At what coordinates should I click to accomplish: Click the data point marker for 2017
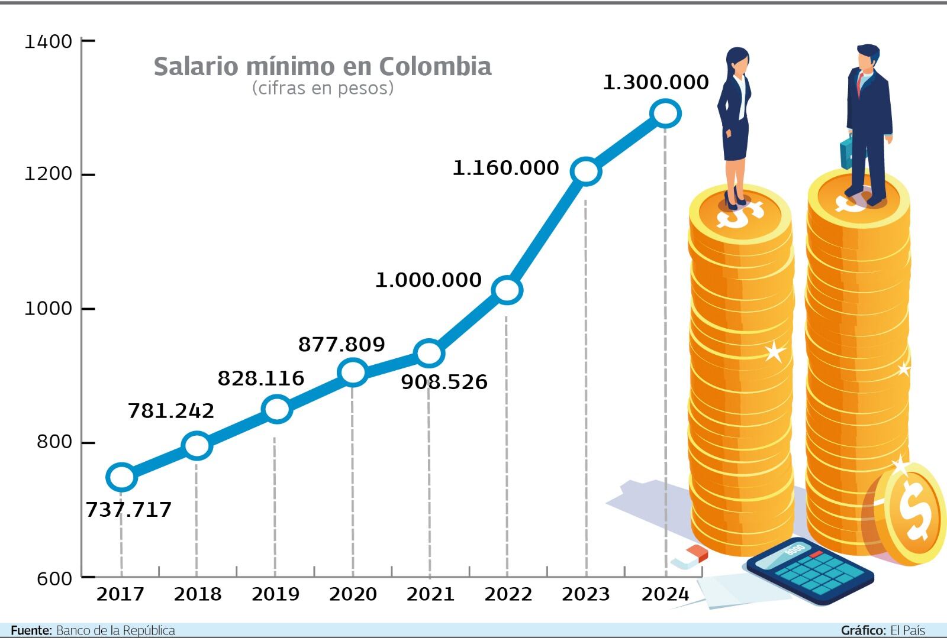click(121, 477)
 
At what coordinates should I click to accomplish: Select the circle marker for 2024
click(665, 113)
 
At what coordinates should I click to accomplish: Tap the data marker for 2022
click(507, 290)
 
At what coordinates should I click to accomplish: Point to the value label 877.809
click(342, 344)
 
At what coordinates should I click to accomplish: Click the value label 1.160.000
click(505, 168)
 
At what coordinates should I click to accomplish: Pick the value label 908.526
click(444, 382)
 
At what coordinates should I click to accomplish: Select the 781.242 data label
click(171, 410)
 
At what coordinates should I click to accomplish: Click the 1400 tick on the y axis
click(48, 41)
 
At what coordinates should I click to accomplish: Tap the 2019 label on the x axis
click(275, 594)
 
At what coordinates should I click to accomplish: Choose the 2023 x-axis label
click(586, 594)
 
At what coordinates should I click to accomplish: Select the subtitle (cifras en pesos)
click(323, 88)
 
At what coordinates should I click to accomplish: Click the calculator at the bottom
click(810, 571)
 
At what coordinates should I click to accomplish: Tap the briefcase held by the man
click(846, 153)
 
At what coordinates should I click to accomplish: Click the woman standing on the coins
click(735, 124)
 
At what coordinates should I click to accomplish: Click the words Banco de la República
click(115, 630)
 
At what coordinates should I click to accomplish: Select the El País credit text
click(907, 630)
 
